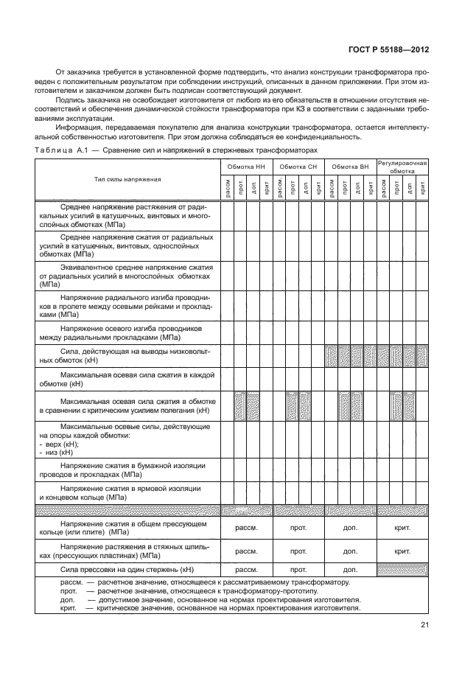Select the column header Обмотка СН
click(x=298, y=167)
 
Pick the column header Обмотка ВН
click(x=350, y=167)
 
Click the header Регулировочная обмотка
click(x=403, y=167)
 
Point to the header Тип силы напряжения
click(x=127, y=179)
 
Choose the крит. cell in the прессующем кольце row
click(x=403, y=529)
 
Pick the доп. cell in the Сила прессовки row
click(x=350, y=569)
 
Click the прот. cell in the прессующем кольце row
click(x=298, y=529)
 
